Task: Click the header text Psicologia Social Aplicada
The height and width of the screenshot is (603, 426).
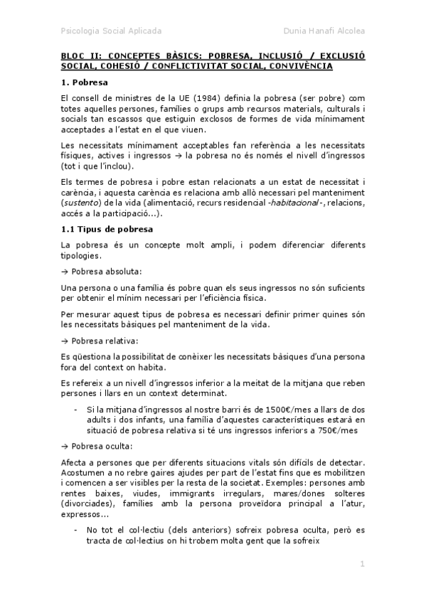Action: pyautogui.click(x=111, y=31)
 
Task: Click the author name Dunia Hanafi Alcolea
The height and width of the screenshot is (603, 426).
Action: pyautogui.click(x=324, y=31)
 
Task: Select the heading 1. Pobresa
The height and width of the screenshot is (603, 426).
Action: pyautogui.click(x=84, y=82)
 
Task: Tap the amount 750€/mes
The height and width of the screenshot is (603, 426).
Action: pyautogui.click(x=335, y=430)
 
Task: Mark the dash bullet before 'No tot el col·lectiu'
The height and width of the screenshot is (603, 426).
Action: pyautogui.click(x=76, y=529)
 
